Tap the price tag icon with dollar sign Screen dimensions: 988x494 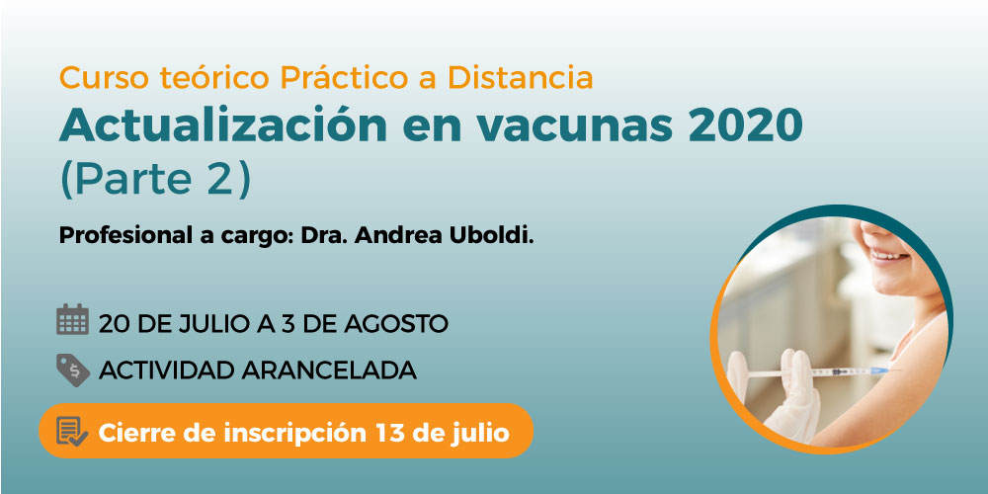click(72, 370)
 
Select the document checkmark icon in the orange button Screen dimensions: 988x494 click(72, 432)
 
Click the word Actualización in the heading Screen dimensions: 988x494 click(223, 125)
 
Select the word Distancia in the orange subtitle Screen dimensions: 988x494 click(521, 77)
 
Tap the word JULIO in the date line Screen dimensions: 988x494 click(208, 324)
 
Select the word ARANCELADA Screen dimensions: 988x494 click(329, 371)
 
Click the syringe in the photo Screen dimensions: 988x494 click(820, 372)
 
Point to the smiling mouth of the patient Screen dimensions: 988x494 click(890, 254)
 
